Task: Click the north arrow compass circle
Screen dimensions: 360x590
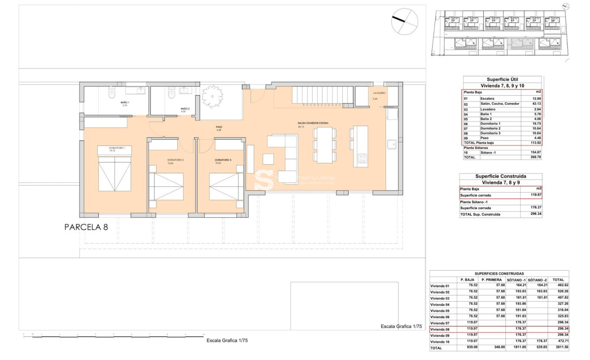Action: [x=404, y=22]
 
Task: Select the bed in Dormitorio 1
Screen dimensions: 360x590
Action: [x=114, y=174]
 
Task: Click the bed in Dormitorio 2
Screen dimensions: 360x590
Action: [x=166, y=186]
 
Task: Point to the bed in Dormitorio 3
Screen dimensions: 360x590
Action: [x=226, y=186]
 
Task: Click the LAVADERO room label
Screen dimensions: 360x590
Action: [x=379, y=93]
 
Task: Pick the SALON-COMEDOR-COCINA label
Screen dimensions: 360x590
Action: [x=313, y=123]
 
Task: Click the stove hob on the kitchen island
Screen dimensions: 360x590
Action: [x=362, y=158]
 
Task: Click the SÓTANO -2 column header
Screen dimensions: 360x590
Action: [x=537, y=280]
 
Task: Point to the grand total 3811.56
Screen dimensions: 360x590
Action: [x=560, y=348]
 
